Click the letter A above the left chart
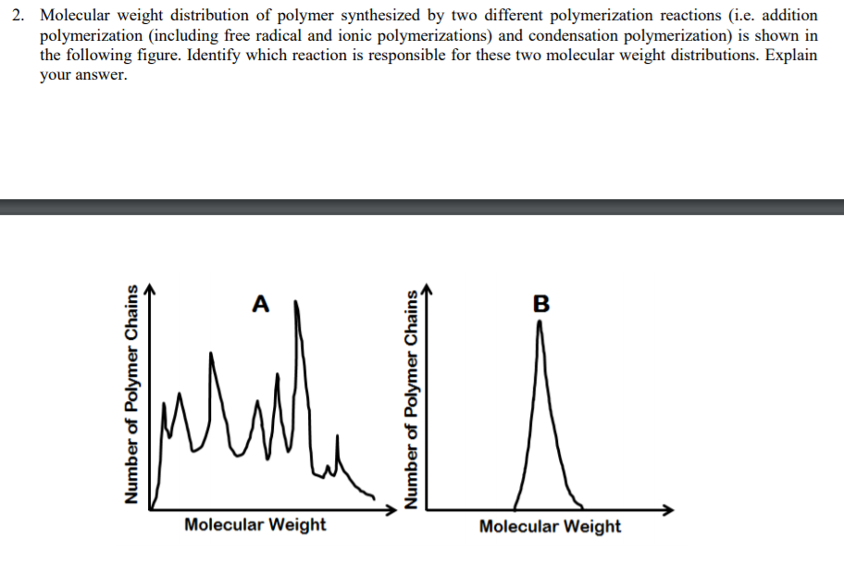click(x=261, y=303)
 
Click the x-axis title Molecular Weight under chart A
click(x=254, y=525)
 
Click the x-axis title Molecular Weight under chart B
click(x=550, y=526)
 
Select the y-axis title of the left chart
click(x=133, y=393)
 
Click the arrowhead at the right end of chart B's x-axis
click(x=670, y=509)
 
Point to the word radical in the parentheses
click(x=274, y=36)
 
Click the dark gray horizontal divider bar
click(x=422, y=207)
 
